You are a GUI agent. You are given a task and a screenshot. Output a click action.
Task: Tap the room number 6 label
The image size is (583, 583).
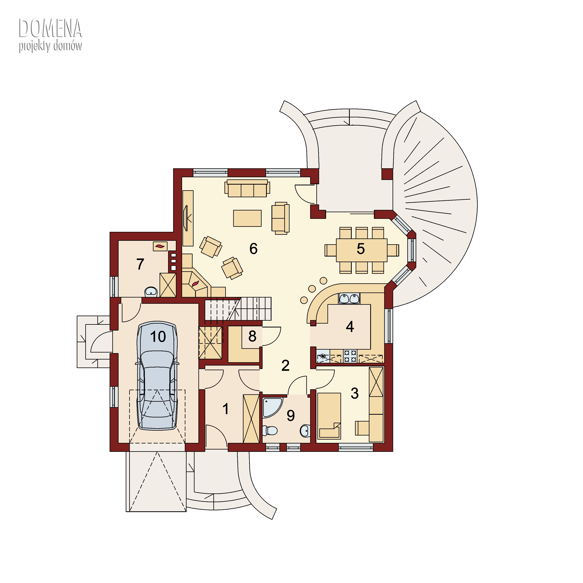253,249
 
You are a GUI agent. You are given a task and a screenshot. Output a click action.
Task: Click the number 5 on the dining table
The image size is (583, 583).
361,249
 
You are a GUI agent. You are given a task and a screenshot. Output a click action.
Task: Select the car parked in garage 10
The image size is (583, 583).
157,375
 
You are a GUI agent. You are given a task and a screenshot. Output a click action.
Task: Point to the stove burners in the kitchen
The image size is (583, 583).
350,356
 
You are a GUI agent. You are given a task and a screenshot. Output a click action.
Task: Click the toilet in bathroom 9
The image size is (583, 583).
270,431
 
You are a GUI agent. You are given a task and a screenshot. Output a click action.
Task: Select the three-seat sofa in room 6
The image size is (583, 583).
247,188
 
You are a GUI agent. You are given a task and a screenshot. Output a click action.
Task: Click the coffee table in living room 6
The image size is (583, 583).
247,218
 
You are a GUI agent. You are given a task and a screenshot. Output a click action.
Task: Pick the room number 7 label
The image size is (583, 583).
140,264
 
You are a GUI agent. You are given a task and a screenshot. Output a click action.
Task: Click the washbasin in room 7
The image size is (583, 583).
151,292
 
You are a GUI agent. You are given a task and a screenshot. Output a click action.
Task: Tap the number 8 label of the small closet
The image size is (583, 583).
252,336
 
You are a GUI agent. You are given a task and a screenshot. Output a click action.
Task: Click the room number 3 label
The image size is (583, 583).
355,394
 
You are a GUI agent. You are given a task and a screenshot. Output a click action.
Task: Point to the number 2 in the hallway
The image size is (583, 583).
285,366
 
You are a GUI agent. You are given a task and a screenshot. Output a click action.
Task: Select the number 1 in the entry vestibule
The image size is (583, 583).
226,409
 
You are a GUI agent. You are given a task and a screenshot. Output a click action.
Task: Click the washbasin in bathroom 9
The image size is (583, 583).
305,431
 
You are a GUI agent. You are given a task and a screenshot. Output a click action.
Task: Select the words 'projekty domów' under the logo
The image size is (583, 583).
50,46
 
